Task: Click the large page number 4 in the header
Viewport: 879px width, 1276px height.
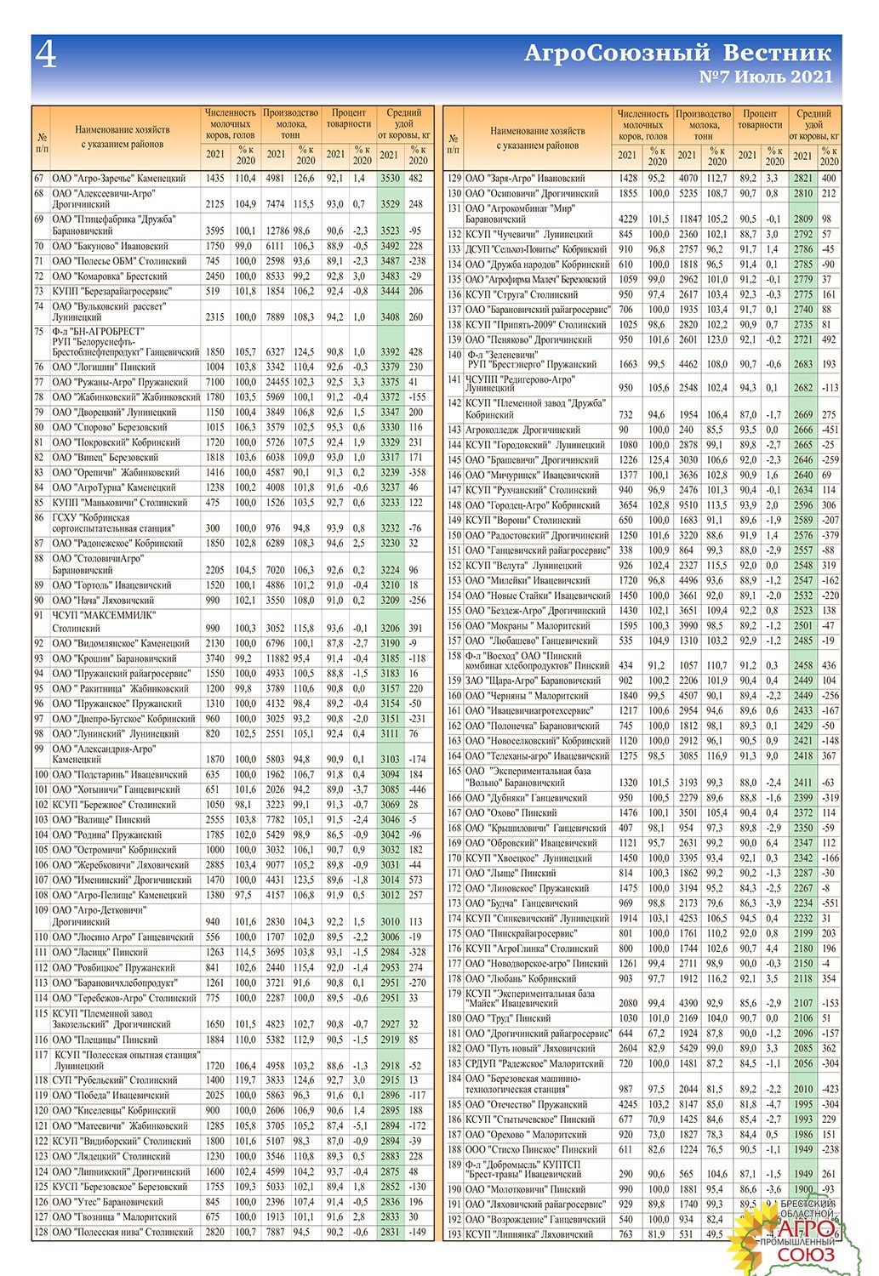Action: (46, 54)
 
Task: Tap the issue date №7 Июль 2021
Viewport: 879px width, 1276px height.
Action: (765, 77)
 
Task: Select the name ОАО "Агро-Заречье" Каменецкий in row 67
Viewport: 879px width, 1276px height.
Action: (118, 179)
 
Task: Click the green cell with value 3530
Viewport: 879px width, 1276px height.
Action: (390, 179)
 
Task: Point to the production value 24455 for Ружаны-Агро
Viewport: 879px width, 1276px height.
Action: (276, 382)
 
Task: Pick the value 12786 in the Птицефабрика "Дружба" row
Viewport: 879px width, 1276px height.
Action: (276, 231)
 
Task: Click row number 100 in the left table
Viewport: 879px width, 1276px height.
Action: (41, 775)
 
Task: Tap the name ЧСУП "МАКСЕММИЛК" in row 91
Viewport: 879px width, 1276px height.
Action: (103, 615)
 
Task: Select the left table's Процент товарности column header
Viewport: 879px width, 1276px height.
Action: (348, 118)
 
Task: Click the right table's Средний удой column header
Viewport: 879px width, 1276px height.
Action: (813, 124)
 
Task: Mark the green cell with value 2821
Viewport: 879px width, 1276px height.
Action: (802, 179)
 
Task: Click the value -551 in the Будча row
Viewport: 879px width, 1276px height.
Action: (829, 903)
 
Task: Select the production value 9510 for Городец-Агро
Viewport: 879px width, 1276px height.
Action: (688, 505)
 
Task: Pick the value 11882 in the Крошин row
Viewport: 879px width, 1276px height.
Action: (276, 658)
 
